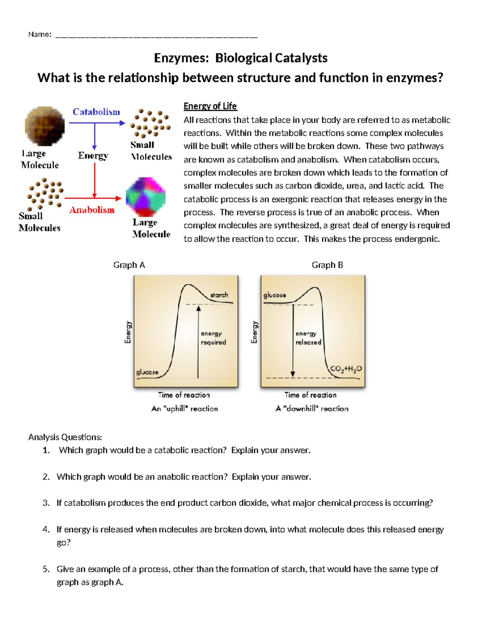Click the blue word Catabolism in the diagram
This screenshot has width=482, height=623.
(x=96, y=112)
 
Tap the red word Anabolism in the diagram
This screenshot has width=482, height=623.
(x=92, y=210)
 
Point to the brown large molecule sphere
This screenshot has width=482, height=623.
(x=45, y=126)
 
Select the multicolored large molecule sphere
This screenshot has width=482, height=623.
(x=145, y=197)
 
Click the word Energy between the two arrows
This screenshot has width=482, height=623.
(x=93, y=156)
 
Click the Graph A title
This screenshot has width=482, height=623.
(x=129, y=265)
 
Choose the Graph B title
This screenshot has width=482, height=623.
(x=327, y=265)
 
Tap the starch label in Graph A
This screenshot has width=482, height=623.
(x=219, y=295)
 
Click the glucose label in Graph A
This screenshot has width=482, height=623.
(x=147, y=372)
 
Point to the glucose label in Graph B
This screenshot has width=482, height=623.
(x=275, y=295)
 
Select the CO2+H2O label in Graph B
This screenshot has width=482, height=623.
(x=346, y=369)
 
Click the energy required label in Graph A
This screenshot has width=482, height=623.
(x=213, y=338)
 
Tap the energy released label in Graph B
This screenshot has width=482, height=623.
(x=308, y=338)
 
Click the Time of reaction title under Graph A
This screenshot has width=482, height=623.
(x=184, y=395)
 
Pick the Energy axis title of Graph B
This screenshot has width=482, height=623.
(x=254, y=332)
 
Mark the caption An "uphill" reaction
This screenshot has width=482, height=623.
(x=185, y=409)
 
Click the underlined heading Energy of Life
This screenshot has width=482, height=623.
(x=210, y=106)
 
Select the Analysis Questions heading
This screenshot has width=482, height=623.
(x=65, y=437)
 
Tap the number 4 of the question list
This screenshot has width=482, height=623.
(x=46, y=530)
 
